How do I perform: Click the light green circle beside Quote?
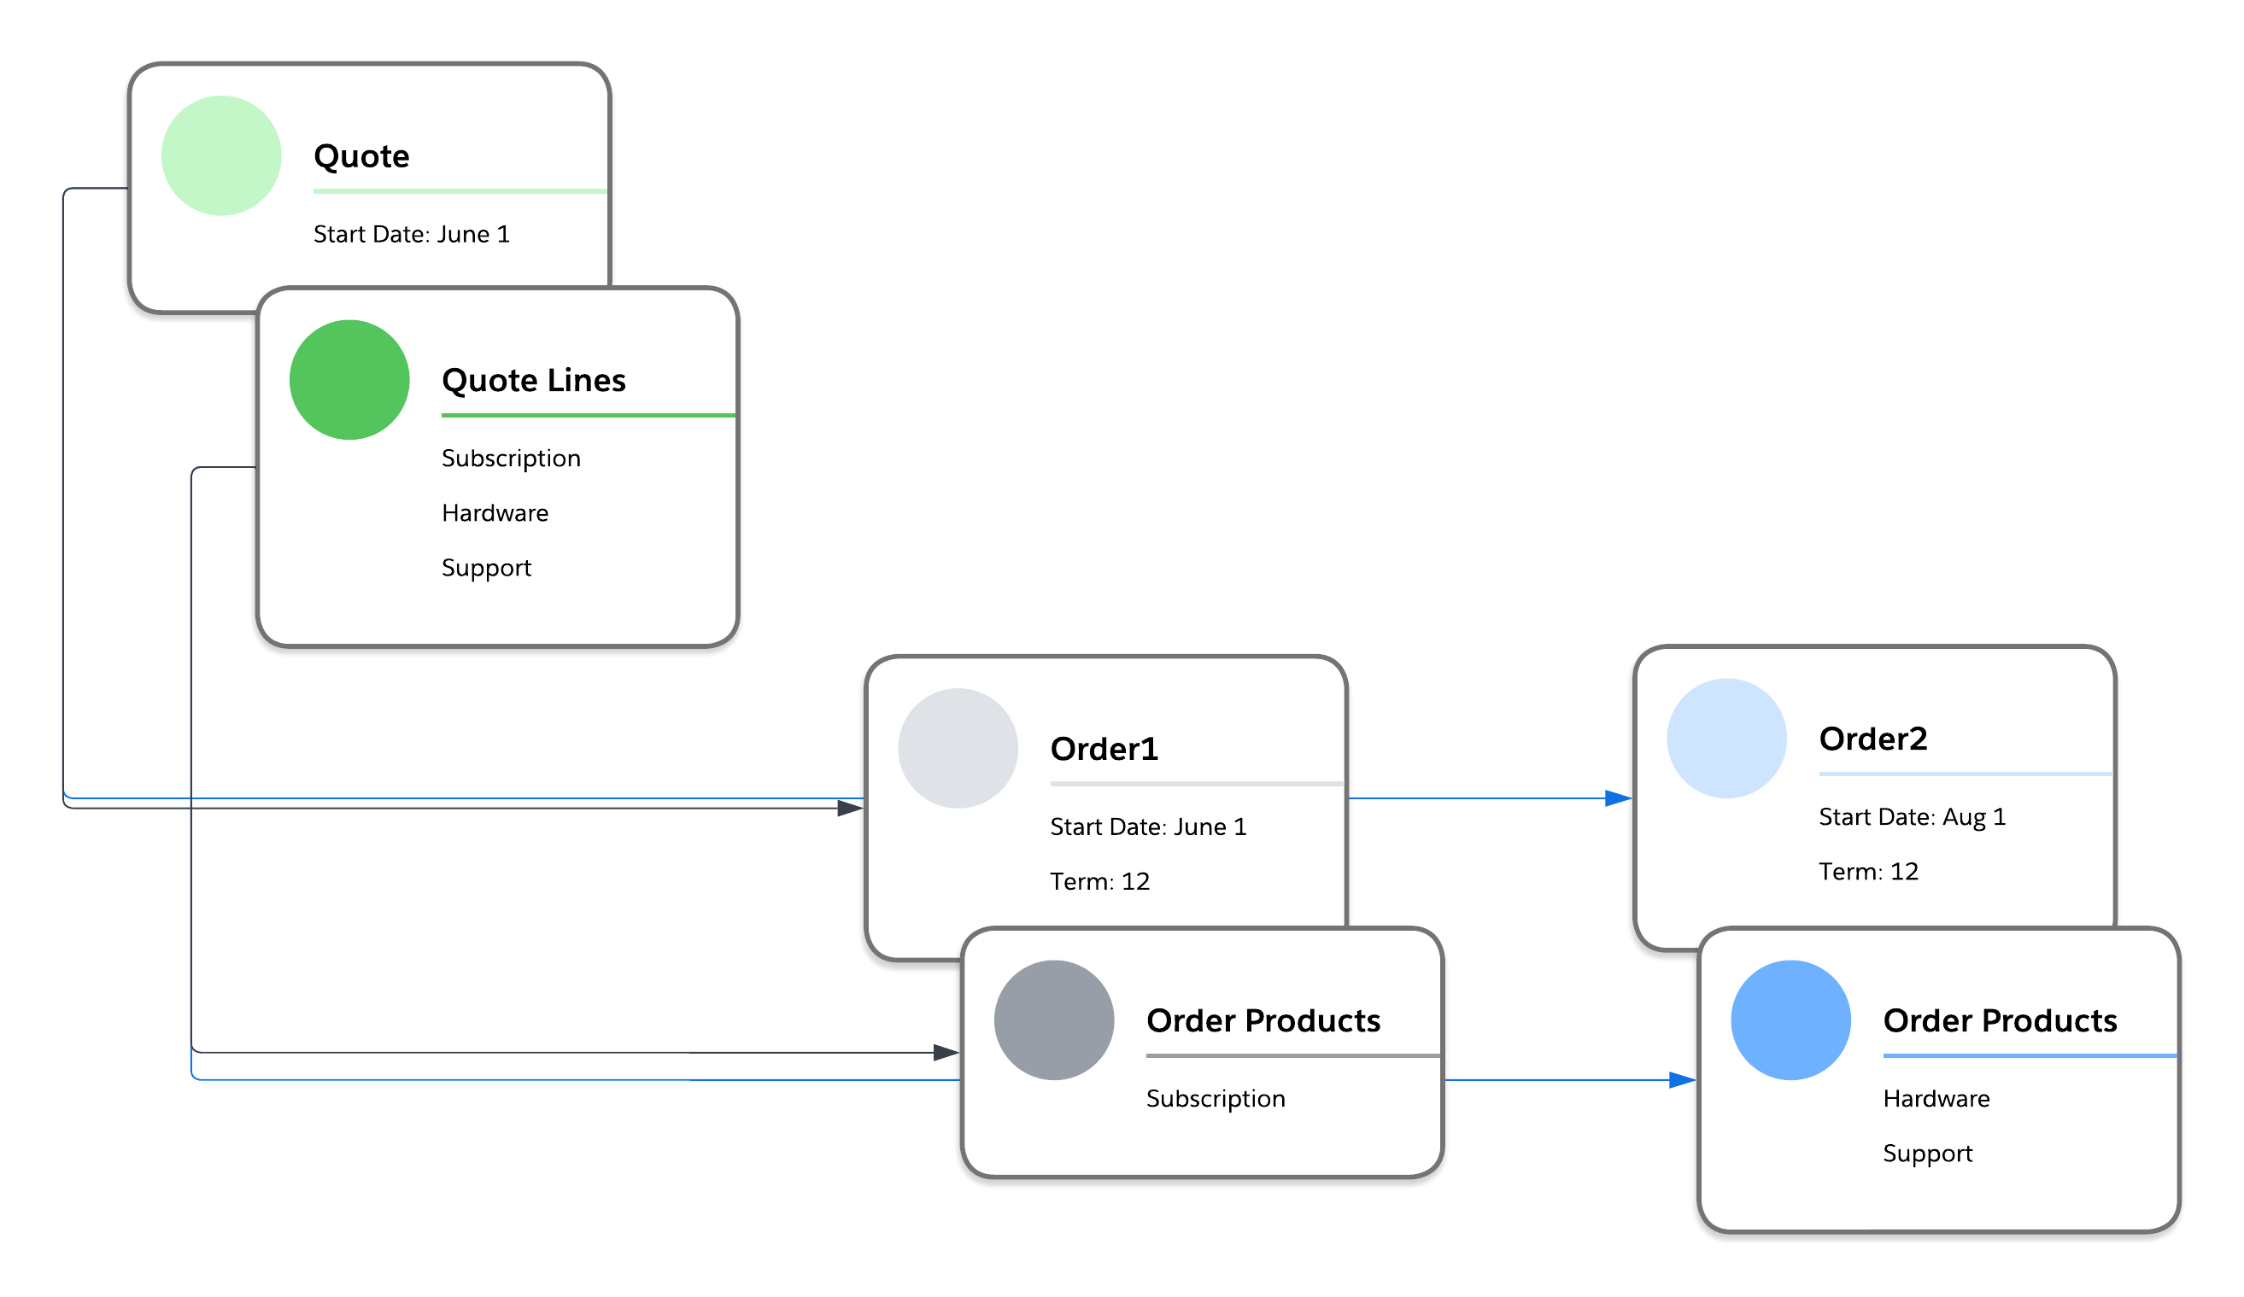click(x=221, y=155)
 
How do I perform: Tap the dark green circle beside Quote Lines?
click(x=349, y=380)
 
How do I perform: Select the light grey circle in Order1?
click(x=958, y=748)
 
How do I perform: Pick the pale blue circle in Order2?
click(x=1725, y=738)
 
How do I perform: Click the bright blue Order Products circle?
click(x=1790, y=1019)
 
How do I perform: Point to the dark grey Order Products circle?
click(x=1053, y=1019)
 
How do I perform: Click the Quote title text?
click(x=361, y=156)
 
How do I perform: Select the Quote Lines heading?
click(x=533, y=380)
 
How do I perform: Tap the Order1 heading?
click(x=1104, y=749)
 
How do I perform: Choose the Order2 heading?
click(x=1872, y=738)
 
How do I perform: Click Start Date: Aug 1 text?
click(x=1911, y=816)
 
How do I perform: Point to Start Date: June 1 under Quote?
click(x=412, y=234)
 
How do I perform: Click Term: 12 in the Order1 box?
click(x=1099, y=881)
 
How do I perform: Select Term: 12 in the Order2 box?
click(x=1867, y=871)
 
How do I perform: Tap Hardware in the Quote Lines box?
click(x=495, y=513)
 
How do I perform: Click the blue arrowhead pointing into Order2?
click(x=1617, y=797)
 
